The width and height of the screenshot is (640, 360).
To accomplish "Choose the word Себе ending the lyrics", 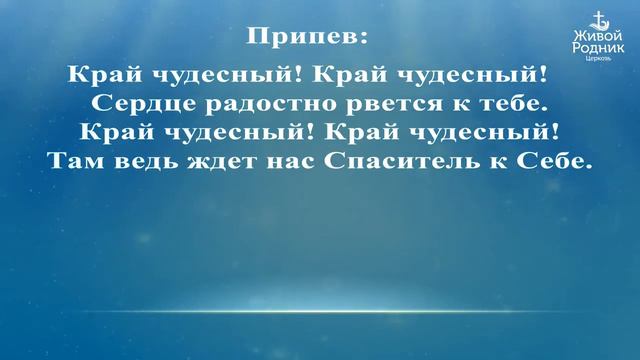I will point(553,160).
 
